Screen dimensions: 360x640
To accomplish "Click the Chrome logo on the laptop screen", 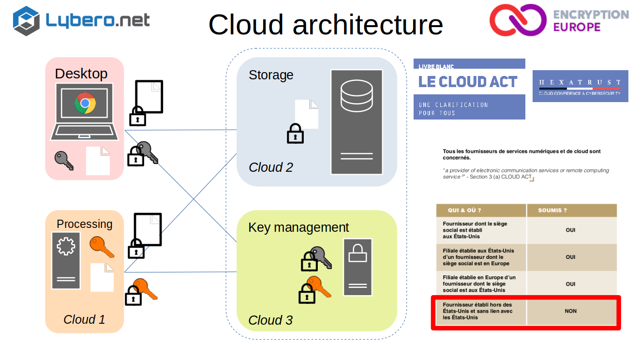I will tap(85, 103).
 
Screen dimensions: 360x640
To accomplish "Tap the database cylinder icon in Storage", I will tap(357, 95).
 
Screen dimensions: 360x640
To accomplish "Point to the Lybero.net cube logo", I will tap(26, 21).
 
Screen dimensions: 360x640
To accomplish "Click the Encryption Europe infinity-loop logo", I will tap(517, 21).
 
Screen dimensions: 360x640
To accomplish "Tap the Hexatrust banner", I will tap(580, 86).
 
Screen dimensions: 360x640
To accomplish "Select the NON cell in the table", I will tap(571, 311).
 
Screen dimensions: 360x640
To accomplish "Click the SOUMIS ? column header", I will tap(552, 210).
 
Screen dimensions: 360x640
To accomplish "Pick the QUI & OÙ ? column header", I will tap(465, 210).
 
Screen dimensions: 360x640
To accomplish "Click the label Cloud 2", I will tap(271, 167).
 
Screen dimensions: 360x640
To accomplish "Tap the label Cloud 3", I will tap(270, 320).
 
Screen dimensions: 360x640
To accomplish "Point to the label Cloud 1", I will tap(84, 319).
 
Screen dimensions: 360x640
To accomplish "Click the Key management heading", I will tap(298, 227).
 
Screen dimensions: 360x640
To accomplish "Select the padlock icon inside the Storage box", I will tap(295, 134).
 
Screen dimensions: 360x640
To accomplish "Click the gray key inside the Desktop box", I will tap(64, 160).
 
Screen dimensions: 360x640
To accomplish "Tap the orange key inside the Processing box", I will tap(102, 246).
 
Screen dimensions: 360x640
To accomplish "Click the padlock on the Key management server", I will tap(357, 253).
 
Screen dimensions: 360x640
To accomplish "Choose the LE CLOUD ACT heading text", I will tap(468, 82).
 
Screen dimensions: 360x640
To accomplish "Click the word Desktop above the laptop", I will tap(81, 74).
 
